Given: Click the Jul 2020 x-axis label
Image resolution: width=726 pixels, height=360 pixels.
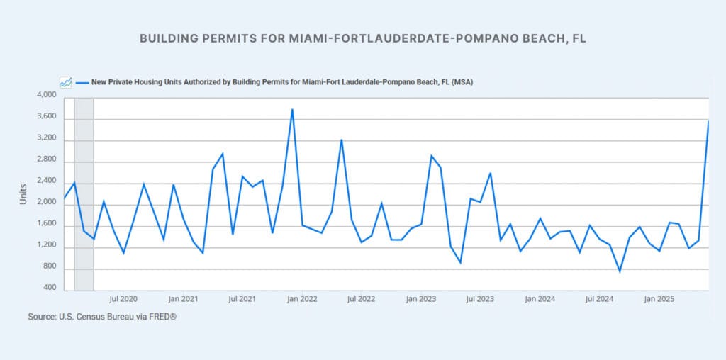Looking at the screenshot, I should (x=123, y=299).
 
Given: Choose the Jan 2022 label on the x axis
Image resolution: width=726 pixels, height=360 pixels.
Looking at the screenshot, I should (x=302, y=299).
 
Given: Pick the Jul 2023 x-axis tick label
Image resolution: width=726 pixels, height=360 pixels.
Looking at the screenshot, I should (x=481, y=299).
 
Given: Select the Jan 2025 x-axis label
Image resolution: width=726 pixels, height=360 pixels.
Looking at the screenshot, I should (x=659, y=299).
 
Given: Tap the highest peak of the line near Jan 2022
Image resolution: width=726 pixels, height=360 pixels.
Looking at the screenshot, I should (x=292, y=109).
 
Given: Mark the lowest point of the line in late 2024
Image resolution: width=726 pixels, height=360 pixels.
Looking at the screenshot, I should (x=620, y=271).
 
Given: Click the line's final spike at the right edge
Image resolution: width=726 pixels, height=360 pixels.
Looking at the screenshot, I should (x=708, y=121).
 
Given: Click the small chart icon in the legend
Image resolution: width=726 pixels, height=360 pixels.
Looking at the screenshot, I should (x=65, y=82).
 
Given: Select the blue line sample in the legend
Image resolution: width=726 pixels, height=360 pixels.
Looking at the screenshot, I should (x=82, y=82).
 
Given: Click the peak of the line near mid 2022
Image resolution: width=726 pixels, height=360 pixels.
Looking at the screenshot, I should (x=342, y=140).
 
